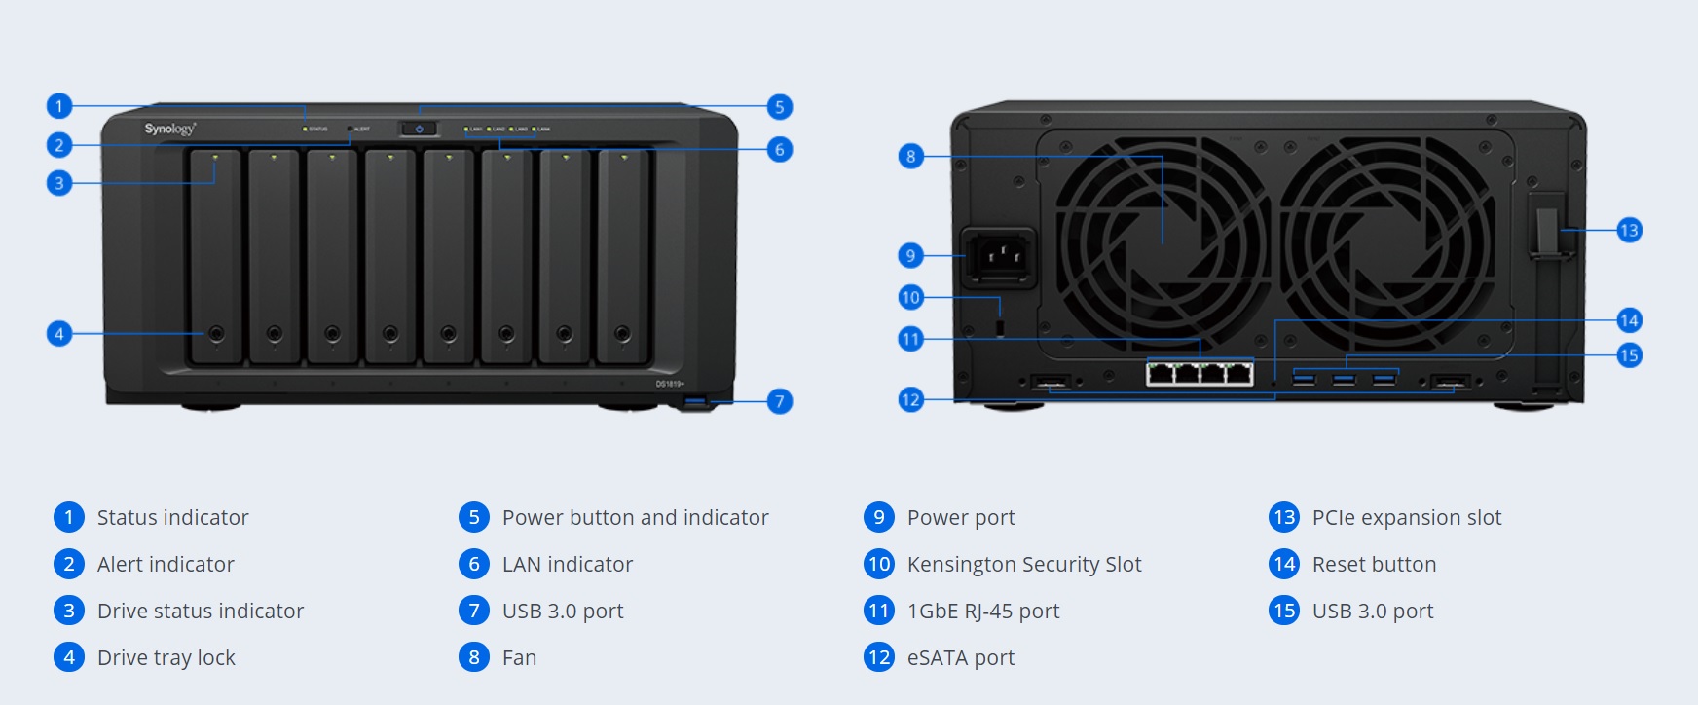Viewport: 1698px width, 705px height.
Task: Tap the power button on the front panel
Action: click(x=419, y=129)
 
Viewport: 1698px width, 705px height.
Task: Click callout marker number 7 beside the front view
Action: click(x=779, y=401)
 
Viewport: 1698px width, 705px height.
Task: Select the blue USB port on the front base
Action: click(x=696, y=401)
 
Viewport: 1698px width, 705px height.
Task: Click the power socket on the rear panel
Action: click(x=999, y=257)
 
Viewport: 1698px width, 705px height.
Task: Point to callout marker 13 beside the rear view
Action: click(x=1629, y=230)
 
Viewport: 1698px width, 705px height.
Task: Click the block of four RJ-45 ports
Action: click(x=1200, y=373)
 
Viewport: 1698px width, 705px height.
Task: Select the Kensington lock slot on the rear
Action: click(x=1000, y=324)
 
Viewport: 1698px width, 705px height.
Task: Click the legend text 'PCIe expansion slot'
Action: click(x=1406, y=517)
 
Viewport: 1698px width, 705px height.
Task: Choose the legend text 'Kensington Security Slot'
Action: click(x=1024, y=564)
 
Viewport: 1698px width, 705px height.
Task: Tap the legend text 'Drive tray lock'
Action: click(x=166, y=657)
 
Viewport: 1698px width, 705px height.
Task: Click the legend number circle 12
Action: click(x=878, y=657)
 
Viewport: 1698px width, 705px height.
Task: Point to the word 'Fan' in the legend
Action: click(x=519, y=657)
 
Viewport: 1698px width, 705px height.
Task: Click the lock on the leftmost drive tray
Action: click(x=216, y=334)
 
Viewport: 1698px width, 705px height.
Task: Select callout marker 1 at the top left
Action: click(x=59, y=106)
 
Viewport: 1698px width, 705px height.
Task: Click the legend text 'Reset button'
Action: click(x=1374, y=564)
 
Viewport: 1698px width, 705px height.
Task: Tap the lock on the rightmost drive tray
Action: click(x=623, y=334)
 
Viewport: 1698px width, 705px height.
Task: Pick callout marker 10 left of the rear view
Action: click(x=910, y=297)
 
